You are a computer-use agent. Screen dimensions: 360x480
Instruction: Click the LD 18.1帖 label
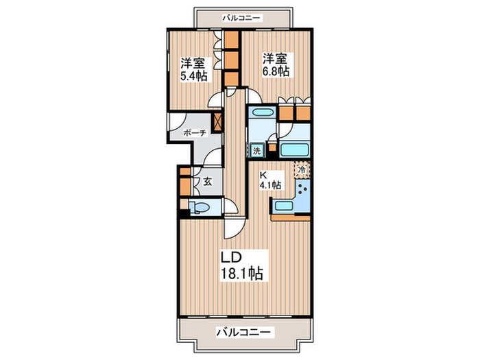click(x=240, y=265)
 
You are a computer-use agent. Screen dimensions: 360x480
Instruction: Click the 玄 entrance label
click(x=206, y=182)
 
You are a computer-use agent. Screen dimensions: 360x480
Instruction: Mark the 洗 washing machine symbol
click(x=256, y=151)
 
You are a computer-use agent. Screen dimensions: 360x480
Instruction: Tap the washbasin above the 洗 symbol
click(x=261, y=114)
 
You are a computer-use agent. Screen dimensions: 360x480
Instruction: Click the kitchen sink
click(x=283, y=206)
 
